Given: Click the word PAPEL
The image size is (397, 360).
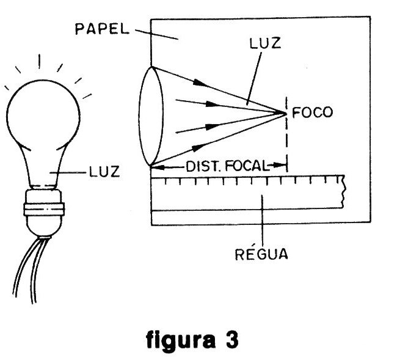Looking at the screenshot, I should [101, 28].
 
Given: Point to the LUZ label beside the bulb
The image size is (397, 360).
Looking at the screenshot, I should [103, 173].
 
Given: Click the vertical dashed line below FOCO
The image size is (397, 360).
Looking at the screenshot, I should [286, 141].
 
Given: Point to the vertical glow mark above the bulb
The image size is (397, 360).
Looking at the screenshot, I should [40, 62].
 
